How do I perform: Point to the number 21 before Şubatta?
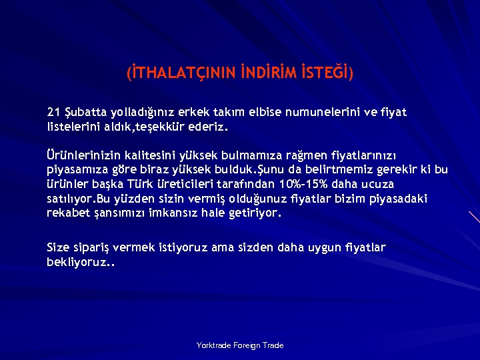tap(53, 112)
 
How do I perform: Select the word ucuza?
tap(379, 185)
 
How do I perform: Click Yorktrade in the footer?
tap(214, 345)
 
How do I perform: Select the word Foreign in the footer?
tap(248, 345)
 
